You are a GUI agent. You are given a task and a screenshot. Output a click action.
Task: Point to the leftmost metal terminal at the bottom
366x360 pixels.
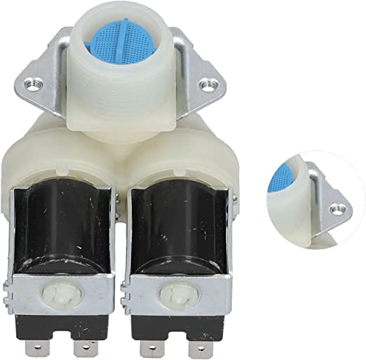coord(22,344)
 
